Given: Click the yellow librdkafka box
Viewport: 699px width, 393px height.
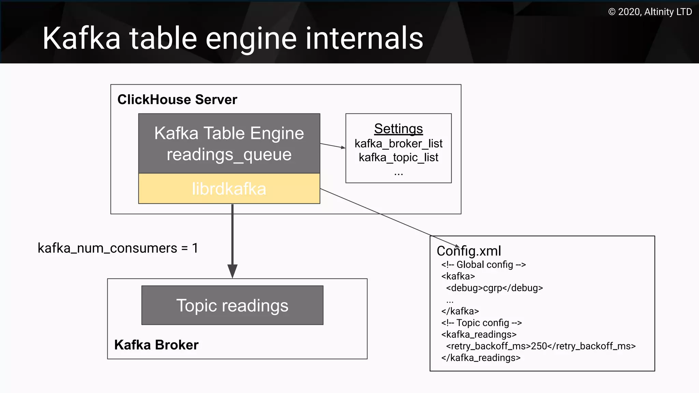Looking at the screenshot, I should tap(229, 189).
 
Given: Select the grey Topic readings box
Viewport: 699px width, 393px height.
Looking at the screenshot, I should tap(232, 305).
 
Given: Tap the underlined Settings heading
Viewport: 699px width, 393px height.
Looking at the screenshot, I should tap(398, 129).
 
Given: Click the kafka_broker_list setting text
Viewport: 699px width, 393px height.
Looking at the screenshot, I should tap(398, 144).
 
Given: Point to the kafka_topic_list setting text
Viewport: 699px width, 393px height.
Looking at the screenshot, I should tap(398, 158).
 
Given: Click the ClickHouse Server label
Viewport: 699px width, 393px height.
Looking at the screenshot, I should tap(177, 100).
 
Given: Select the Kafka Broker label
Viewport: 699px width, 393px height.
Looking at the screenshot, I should tap(156, 345).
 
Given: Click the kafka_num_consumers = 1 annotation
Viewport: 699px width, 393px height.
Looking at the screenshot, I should tap(118, 248).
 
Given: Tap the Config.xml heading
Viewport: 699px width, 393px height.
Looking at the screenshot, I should tap(469, 251).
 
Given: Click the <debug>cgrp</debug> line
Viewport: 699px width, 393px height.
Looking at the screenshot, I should tap(494, 288).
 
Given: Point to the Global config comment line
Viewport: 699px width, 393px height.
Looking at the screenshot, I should tap(483, 265).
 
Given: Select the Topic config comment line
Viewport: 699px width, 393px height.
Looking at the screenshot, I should tap(481, 323).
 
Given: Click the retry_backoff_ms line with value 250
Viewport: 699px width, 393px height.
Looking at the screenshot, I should tap(541, 346).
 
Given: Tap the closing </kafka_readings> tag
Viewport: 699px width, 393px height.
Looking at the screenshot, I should tap(481, 358).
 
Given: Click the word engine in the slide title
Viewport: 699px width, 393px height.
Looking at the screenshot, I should tap(251, 38).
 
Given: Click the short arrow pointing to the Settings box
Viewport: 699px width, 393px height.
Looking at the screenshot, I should tap(332, 146).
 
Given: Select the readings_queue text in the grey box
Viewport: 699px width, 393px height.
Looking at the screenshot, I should tap(229, 155).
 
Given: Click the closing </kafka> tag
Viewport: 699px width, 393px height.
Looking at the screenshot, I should tap(460, 311).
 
